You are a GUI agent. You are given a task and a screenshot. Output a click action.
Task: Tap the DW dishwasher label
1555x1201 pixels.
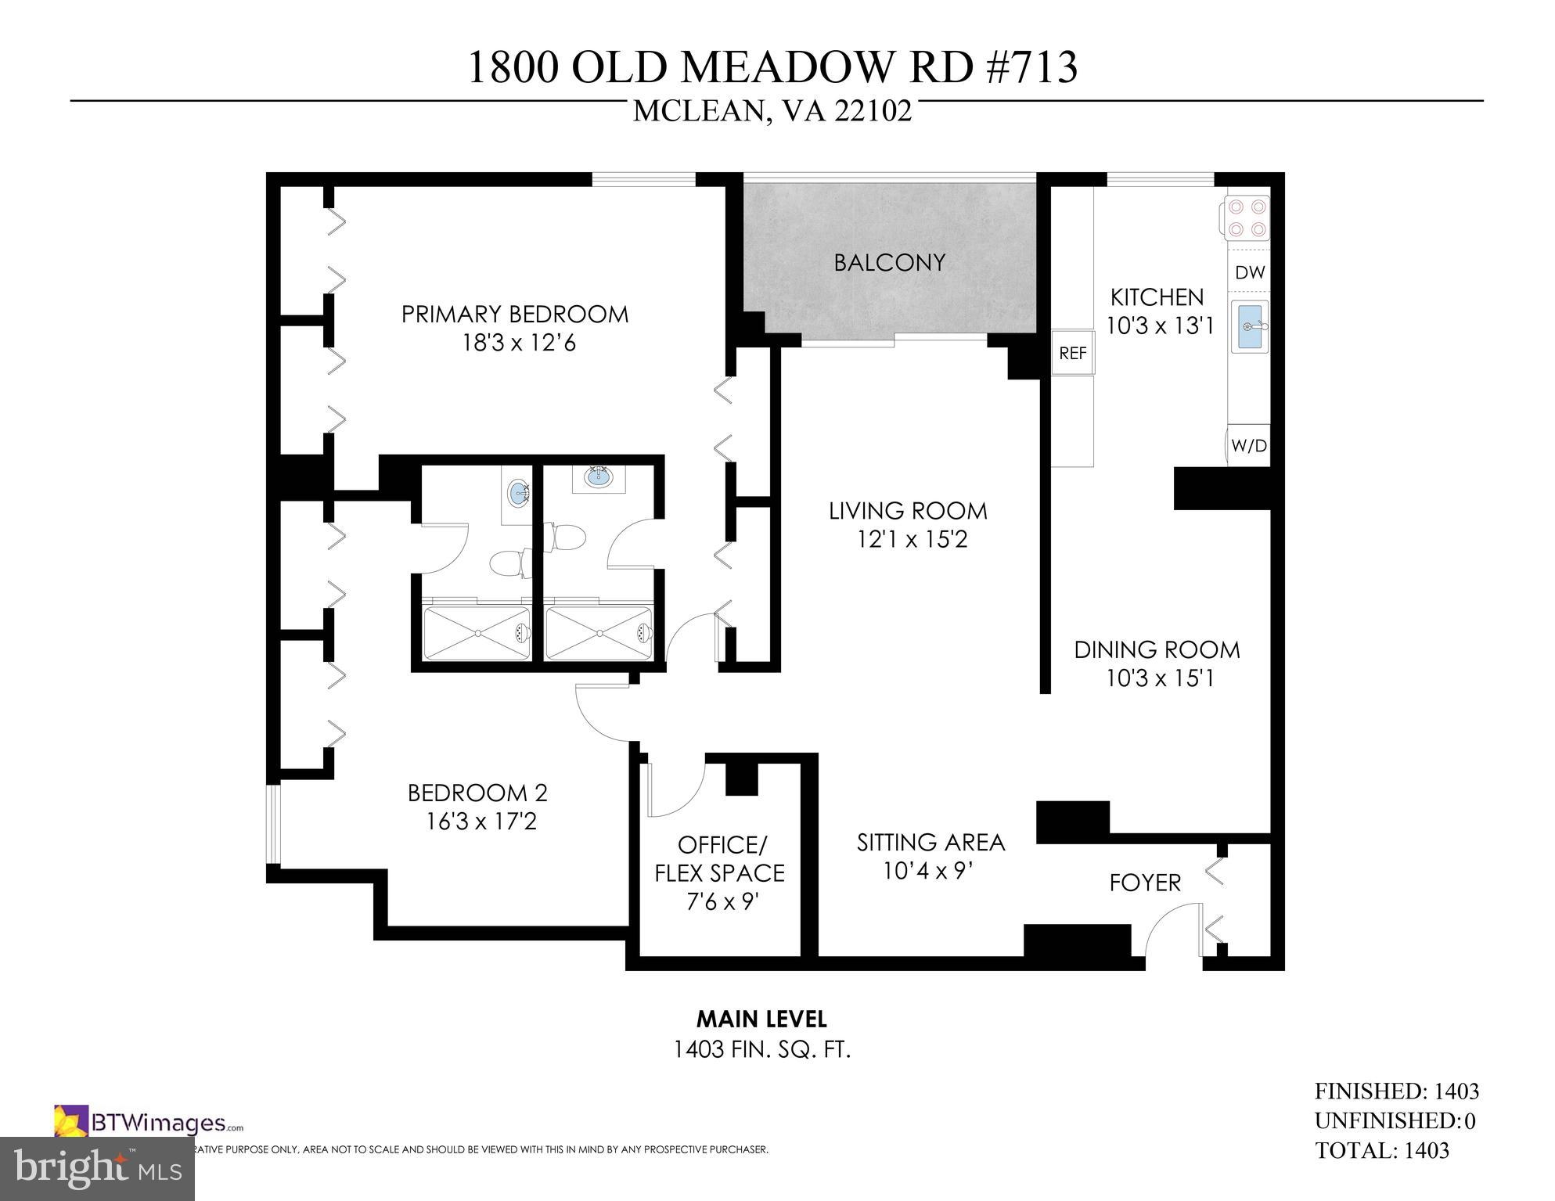pyautogui.click(x=1250, y=273)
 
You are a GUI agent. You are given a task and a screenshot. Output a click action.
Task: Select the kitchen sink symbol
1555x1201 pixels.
pyautogui.click(x=1249, y=326)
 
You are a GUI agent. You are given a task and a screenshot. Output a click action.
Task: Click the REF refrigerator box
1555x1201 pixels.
pyautogui.click(x=1072, y=354)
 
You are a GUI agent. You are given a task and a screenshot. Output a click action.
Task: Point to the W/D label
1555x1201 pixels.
pyautogui.click(x=1248, y=446)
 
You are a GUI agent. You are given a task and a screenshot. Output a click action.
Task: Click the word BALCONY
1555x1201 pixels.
pyautogui.click(x=889, y=263)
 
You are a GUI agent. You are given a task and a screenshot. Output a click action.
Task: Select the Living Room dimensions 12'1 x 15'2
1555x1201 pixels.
pyautogui.click(x=912, y=540)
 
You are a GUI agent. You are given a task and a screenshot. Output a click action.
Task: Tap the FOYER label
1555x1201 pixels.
pyautogui.click(x=1144, y=883)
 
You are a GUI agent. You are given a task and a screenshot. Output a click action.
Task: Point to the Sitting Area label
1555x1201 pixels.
pyautogui.click(x=930, y=843)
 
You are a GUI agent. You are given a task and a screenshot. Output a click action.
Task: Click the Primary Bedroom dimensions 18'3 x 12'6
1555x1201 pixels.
pyautogui.click(x=519, y=343)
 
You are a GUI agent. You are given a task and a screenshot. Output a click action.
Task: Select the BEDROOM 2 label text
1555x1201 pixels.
pyautogui.click(x=477, y=793)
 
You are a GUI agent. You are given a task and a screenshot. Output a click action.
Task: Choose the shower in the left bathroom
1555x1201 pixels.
pyautogui.click(x=477, y=632)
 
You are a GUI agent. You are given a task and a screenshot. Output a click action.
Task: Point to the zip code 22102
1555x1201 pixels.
pyautogui.click(x=873, y=112)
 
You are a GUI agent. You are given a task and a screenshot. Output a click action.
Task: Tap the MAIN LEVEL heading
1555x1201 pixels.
pyautogui.click(x=761, y=1019)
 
